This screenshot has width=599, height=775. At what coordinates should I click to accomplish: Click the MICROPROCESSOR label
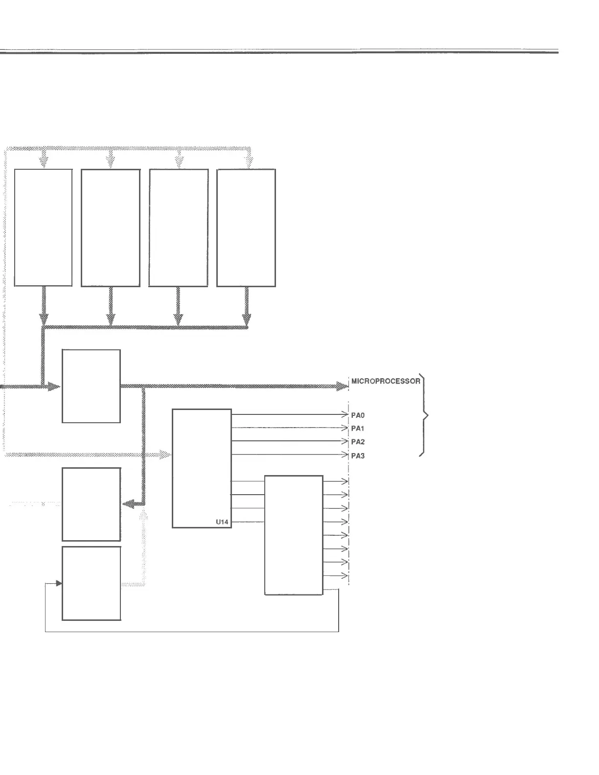point(386,381)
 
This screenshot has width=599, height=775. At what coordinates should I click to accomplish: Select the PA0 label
point(358,415)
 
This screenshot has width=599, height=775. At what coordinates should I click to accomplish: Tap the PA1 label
point(358,429)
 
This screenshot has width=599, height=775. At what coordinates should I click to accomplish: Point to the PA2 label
point(358,442)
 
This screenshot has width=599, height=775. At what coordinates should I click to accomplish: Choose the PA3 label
point(358,456)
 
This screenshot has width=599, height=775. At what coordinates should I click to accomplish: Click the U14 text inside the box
point(222,522)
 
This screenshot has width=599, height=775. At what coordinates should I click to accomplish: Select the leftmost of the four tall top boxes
point(44,228)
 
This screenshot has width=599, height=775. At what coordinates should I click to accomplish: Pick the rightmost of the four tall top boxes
point(246,228)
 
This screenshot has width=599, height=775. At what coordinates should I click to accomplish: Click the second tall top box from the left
point(111,228)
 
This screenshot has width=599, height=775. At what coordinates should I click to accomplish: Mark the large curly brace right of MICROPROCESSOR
point(424,416)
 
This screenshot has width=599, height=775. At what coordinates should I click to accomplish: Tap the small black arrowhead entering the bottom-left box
point(59,583)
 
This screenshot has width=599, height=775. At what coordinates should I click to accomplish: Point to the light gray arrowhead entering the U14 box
point(166,455)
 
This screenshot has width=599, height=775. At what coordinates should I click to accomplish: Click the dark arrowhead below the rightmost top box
point(247,319)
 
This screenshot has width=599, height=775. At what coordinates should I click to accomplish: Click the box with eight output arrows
point(294,535)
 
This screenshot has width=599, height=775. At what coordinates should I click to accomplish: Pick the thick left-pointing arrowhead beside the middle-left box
point(128,504)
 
